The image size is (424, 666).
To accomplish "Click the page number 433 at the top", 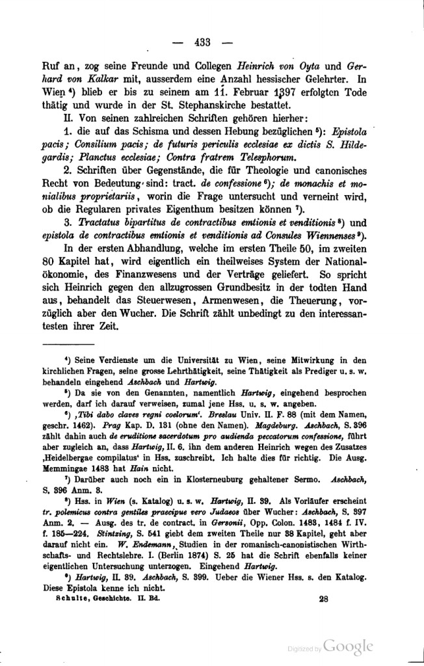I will [x=204, y=43].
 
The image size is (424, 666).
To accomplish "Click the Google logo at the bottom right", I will [x=347, y=646].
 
